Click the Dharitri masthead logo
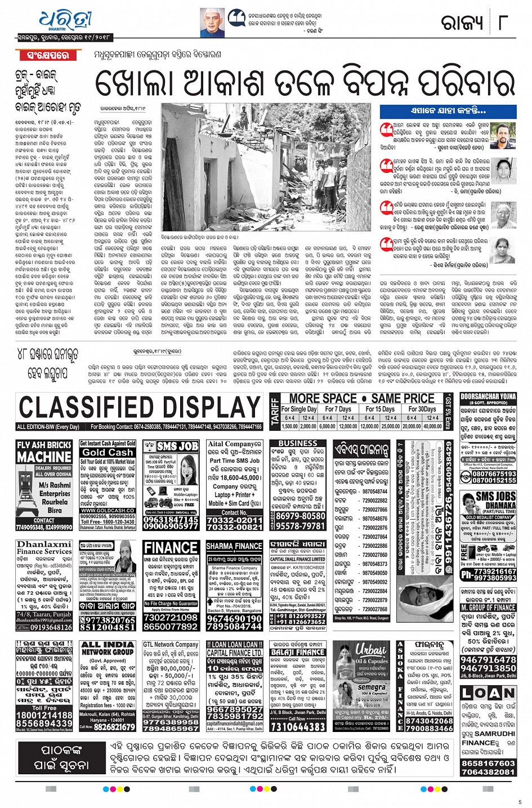[x=65, y=22]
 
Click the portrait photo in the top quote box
[x=213, y=23]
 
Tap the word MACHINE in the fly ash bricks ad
[x=44, y=457]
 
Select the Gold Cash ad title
[x=108, y=452]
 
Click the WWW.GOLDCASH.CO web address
[x=108, y=511]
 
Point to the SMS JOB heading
[x=171, y=447]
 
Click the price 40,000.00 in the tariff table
[x=432, y=426]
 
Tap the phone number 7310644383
[x=298, y=726]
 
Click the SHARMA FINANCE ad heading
[x=234, y=546]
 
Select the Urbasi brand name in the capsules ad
[x=370, y=648]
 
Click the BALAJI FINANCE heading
[x=298, y=652]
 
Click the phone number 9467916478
[x=488, y=659]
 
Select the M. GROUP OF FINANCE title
[x=488, y=608]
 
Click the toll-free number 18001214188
[x=44, y=715]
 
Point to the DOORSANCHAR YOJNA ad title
[x=488, y=396]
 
